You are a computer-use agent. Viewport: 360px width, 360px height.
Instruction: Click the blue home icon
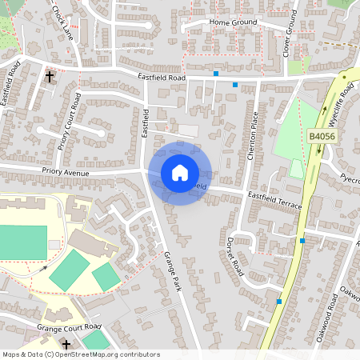coord(180,173)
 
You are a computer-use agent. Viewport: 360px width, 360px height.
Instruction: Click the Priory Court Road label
coord(70,122)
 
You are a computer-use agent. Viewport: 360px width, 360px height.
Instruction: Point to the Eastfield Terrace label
coord(274,200)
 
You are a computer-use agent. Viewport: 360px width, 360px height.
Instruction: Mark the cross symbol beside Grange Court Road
coord(66,343)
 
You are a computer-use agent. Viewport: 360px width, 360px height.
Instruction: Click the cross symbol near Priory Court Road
coord(50,77)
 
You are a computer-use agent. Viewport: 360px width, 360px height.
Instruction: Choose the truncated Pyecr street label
coord(349,178)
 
